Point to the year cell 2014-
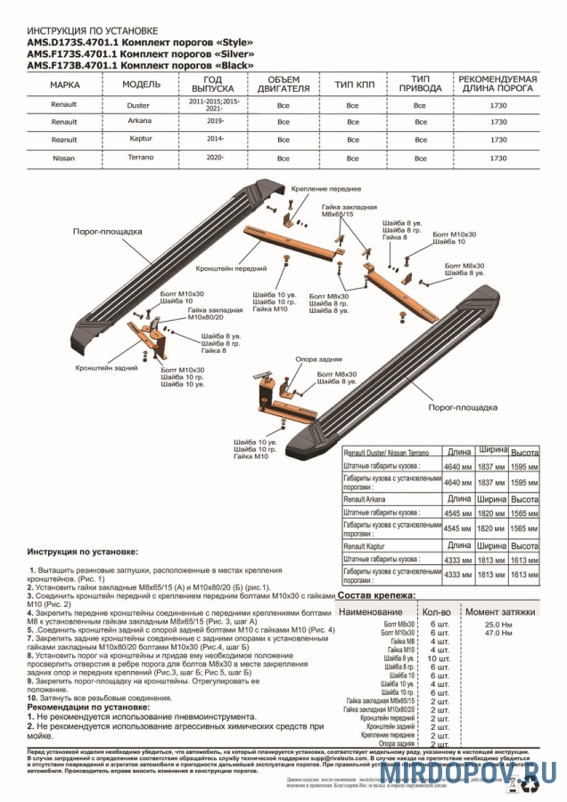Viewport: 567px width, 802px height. (x=214, y=140)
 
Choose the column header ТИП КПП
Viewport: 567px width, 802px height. (x=352, y=85)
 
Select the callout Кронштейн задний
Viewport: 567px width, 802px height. (x=100, y=366)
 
